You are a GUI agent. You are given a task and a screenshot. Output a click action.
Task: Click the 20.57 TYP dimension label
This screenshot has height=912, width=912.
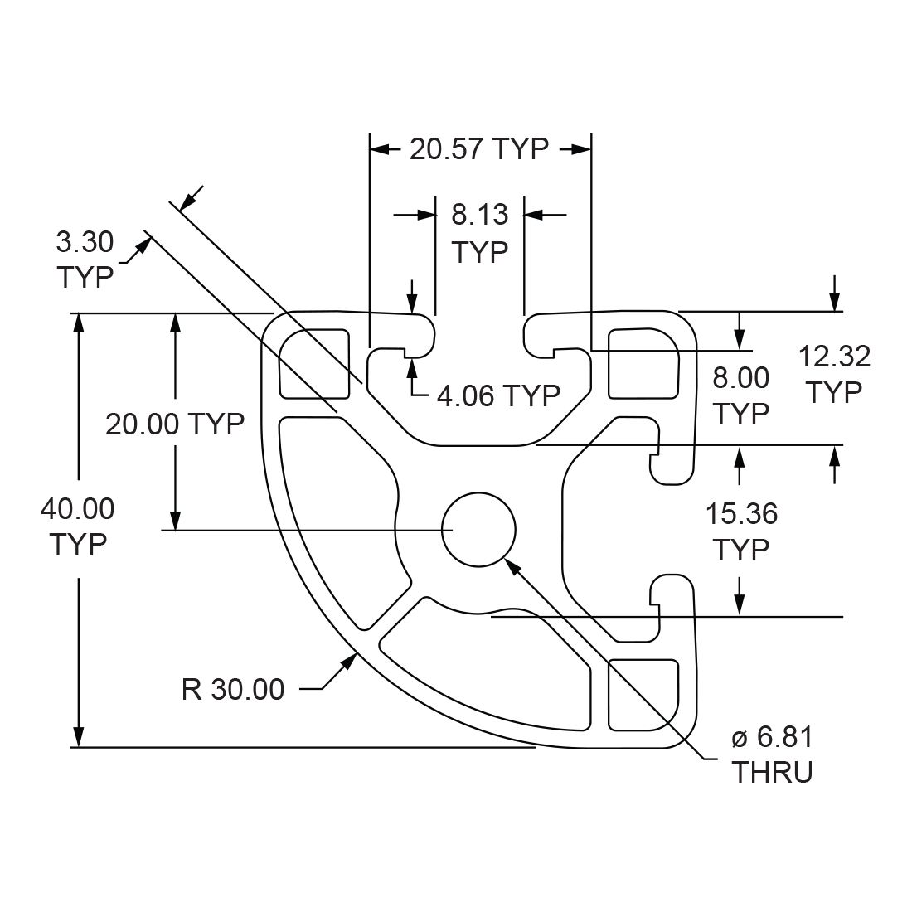click(x=479, y=149)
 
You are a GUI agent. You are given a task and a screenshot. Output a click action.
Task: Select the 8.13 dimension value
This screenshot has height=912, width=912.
click(x=479, y=215)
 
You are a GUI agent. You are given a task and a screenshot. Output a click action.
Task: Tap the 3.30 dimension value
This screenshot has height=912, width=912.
click(x=84, y=242)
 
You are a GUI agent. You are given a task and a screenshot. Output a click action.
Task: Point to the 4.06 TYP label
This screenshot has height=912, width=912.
click(x=498, y=395)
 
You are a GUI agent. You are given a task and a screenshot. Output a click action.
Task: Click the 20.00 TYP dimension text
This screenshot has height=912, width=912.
click(x=174, y=424)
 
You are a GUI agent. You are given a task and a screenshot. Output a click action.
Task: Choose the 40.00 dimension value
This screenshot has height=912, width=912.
click(x=77, y=508)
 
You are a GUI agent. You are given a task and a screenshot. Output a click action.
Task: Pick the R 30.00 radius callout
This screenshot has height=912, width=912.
click(x=232, y=688)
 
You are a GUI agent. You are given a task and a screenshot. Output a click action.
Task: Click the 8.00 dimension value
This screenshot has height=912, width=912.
click(x=741, y=378)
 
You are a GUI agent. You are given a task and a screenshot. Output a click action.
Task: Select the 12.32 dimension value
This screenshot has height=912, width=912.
click(x=834, y=357)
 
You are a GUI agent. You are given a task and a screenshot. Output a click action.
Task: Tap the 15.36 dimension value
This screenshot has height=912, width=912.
click(x=741, y=514)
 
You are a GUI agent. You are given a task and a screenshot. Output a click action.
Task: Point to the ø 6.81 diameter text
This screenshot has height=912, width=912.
click(x=772, y=736)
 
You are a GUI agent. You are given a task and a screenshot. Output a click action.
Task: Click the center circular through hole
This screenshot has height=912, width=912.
click(x=478, y=529)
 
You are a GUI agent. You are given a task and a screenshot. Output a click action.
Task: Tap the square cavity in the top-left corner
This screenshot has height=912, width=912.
click(x=314, y=363)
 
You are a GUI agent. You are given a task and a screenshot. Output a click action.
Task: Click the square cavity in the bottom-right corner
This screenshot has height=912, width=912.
click(x=642, y=695)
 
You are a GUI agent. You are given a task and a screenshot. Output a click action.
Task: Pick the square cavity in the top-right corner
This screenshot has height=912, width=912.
click(x=642, y=363)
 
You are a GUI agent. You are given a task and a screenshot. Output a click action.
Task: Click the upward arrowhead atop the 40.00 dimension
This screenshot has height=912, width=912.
click(x=78, y=323)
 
